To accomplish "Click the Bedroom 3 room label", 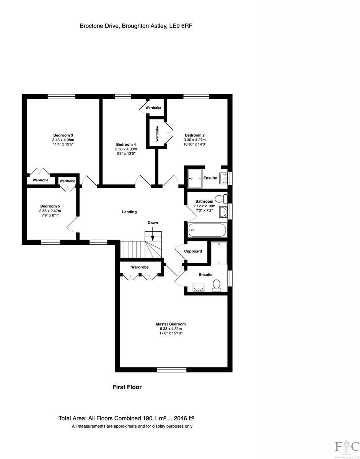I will tap(63, 135).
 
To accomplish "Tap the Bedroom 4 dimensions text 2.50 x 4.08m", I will tap(126, 149).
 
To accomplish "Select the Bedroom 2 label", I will tap(195, 135).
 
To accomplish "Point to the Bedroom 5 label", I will tap(50, 206).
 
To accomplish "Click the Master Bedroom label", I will tap(171, 324).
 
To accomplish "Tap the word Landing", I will tap(129, 212).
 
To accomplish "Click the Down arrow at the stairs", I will tap(153, 233).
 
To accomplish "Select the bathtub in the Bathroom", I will tap(207, 231).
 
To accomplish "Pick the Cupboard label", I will tap(193, 251).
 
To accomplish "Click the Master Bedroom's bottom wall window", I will tap(172, 369).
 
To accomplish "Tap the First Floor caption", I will tap(127, 387).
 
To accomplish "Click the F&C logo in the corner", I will tap(347, 446).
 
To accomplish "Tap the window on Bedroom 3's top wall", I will tap(61, 96).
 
